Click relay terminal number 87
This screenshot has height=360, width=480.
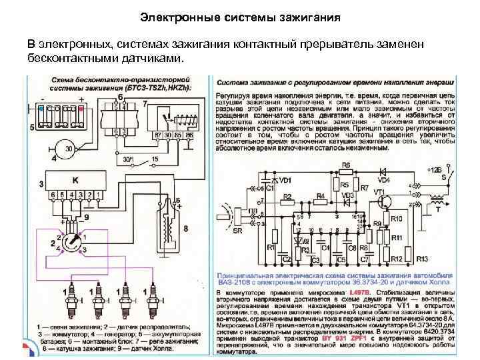(x=158, y=135)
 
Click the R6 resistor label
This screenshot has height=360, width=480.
(x=345, y=165)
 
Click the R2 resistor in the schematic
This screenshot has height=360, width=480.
(x=287, y=197)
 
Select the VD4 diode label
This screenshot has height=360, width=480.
(x=384, y=179)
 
